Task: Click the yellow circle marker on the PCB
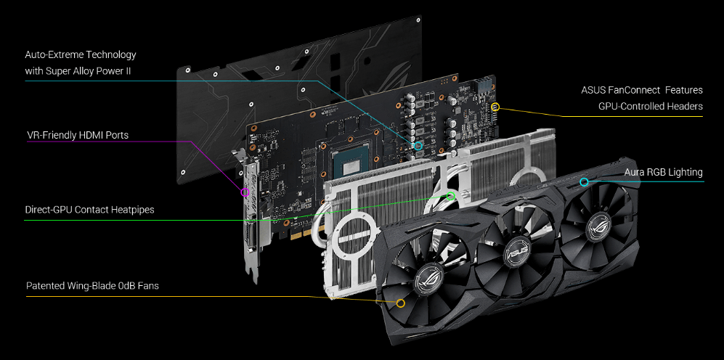click(495, 107)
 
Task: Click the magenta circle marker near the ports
click(245, 192)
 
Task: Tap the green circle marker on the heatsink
click(450, 195)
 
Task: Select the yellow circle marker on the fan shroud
click(400, 303)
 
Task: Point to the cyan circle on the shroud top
click(584, 181)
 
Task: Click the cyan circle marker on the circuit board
click(418, 146)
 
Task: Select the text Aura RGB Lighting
click(663, 172)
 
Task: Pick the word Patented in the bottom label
click(45, 286)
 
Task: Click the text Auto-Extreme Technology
click(80, 54)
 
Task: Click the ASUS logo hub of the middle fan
click(517, 250)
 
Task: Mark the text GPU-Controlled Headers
click(650, 106)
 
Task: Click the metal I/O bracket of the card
click(249, 218)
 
